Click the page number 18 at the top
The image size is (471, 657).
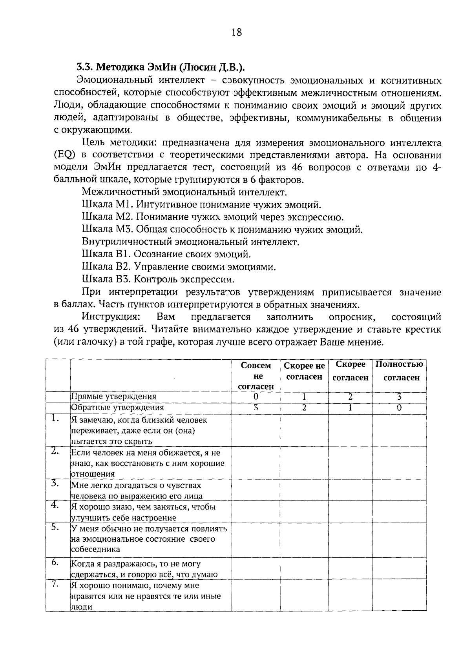point(237,33)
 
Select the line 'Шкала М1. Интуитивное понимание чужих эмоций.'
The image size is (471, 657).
point(202,205)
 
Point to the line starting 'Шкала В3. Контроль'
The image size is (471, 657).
point(158,279)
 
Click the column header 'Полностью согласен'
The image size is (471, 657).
point(399,371)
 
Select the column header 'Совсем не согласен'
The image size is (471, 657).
point(256,376)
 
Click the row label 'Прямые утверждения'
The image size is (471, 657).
point(113,397)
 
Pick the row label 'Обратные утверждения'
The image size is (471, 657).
point(117,408)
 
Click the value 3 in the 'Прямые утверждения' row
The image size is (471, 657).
point(399,397)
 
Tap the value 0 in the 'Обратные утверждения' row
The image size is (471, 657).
point(399,408)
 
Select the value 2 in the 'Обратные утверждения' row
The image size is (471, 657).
point(304,408)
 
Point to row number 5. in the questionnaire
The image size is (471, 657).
point(55,528)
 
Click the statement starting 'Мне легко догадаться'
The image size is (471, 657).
point(137,491)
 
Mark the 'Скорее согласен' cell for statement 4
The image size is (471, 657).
point(350,512)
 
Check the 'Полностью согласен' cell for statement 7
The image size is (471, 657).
point(399,596)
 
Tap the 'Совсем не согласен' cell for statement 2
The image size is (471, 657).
point(256,463)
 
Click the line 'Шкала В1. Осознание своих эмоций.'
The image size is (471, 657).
point(166,255)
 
